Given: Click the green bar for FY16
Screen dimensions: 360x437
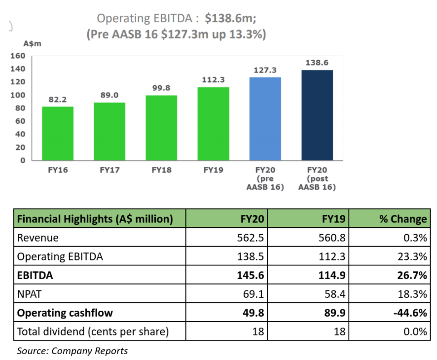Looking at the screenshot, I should [x=58, y=133].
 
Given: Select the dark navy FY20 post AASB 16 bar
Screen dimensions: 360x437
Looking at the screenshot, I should [x=317, y=115].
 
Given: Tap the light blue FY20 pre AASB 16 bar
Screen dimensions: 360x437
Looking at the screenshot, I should [x=265, y=118].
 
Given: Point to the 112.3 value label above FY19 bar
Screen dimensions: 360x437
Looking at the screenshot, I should [x=213, y=79].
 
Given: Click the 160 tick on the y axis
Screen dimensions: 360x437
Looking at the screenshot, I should [x=18, y=56].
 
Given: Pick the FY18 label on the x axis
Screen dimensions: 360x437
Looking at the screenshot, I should [x=161, y=171].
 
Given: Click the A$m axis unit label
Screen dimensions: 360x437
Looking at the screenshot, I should [x=33, y=43].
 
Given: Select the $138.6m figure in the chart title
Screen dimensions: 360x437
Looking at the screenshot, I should [x=230, y=19].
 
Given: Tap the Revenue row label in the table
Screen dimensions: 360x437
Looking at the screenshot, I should [x=38, y=238].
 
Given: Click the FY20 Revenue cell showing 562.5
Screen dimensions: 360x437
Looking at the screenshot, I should [x=252, y=238].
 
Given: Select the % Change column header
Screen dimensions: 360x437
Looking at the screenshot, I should [x=402, y=219].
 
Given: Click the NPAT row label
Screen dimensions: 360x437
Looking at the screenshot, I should [x=29, y=294].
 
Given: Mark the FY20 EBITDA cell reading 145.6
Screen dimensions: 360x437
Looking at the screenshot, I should [x=252, y=275].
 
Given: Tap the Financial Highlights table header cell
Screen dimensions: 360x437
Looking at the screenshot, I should [x=95, y=219].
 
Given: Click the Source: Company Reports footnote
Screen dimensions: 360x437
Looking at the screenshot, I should [x=72, y=351].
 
